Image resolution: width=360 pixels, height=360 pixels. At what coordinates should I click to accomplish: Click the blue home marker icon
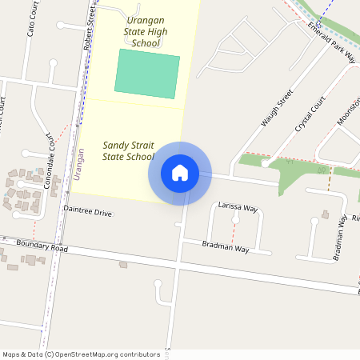[180, 173]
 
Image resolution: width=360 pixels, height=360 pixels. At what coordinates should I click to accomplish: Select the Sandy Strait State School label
[128, 151]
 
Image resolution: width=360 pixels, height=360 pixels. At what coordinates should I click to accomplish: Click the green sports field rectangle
[148, 74]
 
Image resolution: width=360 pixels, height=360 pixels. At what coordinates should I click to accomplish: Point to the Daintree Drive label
[88, 214]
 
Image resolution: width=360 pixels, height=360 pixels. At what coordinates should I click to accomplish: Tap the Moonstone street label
[349, 112]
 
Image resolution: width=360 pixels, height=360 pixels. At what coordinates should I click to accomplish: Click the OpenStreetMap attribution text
[81, 354]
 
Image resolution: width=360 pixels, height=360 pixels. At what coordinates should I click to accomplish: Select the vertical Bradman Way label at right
[342, 238]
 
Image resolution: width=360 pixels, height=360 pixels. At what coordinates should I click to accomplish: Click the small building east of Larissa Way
[325, 214]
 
